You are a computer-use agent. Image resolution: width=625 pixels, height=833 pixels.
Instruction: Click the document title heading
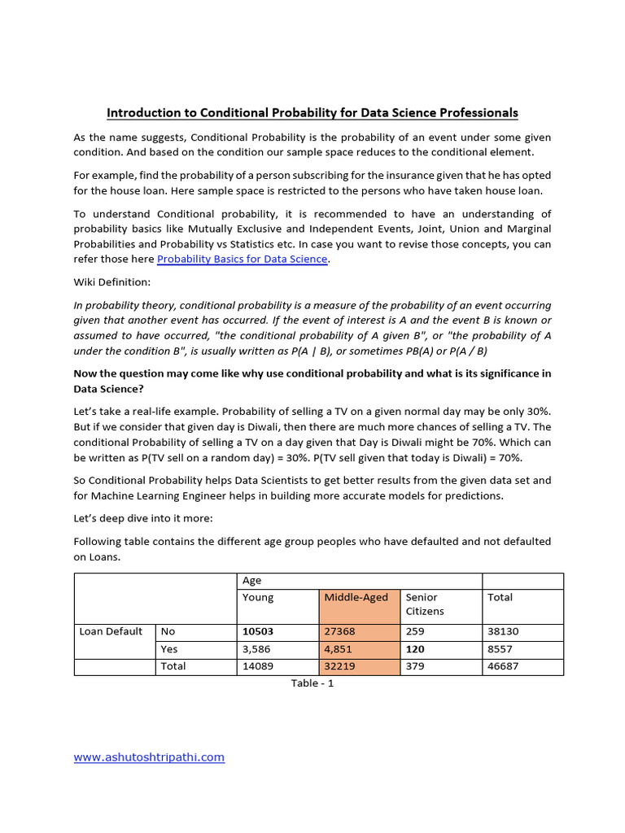pos(312,113)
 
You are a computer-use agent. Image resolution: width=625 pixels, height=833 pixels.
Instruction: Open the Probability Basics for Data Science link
pos(243,259)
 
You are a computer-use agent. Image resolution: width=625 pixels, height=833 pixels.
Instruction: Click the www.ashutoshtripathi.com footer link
pos(149,757)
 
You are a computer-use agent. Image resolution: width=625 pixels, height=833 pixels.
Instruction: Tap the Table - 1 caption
pos(312,683)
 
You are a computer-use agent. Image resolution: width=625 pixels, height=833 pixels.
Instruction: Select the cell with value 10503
pos(260,631)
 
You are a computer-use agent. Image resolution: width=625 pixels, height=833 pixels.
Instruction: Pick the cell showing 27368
pos(339,631)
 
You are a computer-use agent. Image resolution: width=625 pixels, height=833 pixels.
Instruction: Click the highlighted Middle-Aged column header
pos(356,597)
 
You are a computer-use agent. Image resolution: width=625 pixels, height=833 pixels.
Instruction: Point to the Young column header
pos(258,597)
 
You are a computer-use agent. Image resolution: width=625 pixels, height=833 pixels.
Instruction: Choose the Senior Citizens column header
pos(424,604)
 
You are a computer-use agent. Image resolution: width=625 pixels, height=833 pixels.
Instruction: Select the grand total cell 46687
pos(503,666)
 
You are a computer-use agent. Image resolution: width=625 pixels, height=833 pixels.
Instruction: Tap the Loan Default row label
pos(111,631)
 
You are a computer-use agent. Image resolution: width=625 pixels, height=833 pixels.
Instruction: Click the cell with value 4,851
pos(339,649)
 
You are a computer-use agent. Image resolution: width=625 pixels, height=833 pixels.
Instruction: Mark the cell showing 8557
pos(500,649)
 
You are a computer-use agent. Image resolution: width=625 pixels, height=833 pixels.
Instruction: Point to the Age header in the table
pos(252,581)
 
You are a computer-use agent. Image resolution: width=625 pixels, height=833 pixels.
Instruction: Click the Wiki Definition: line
pos(112,282)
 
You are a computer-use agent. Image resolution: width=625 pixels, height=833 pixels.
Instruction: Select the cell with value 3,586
pos(257,649)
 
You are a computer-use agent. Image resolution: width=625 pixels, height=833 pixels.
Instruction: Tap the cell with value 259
pos(416,631)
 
